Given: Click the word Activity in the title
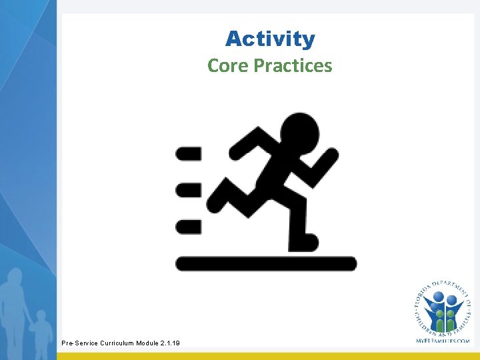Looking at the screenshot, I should coord(270,39).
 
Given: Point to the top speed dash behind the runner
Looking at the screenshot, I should coord(188,154).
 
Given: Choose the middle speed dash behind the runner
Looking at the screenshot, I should coord(188,190).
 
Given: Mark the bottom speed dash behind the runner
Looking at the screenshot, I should coord(188,226).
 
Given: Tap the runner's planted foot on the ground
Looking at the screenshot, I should coord(303,241).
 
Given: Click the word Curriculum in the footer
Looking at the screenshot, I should coord(120,343).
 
